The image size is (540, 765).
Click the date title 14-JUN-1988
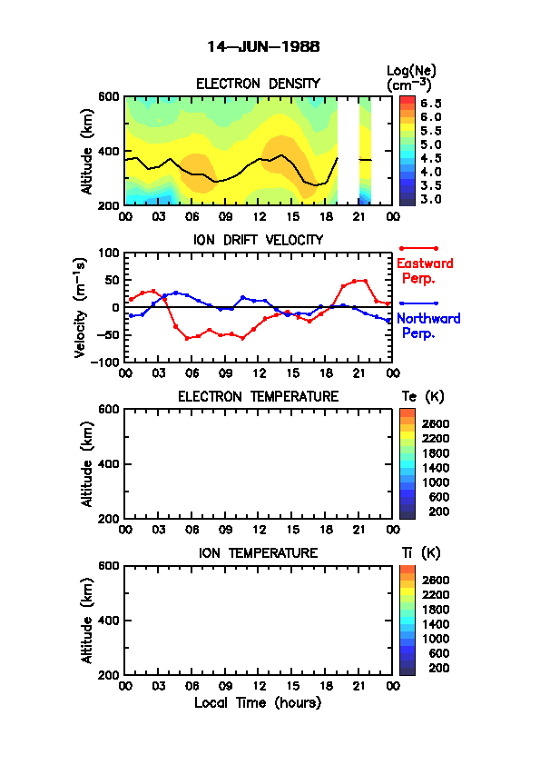point(263,47)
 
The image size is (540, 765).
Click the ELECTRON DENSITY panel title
point(258,84)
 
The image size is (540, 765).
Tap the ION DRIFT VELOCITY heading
point(258,240)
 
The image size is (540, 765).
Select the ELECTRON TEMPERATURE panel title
point(258,397)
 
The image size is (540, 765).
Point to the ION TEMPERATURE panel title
point(258,552)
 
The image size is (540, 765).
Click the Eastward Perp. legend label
point(425,271)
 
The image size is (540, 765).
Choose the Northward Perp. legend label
point(428,325)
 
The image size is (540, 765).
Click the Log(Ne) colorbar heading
point(411,78)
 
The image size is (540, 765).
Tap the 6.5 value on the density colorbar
point(431,104)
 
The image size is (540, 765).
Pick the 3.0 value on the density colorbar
point(431,199)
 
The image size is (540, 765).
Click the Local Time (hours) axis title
point(258,703)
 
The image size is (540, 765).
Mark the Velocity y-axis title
point(81,307)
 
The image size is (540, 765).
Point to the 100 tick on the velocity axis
point(109,253)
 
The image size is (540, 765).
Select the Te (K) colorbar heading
point(423,397)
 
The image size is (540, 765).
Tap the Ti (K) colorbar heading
point(421,552)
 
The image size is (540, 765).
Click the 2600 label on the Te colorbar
point(436,423)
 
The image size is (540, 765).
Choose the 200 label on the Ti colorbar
point(438,668)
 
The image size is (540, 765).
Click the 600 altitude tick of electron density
point(109,96)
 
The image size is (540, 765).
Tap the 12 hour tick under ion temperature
point(259,686)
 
